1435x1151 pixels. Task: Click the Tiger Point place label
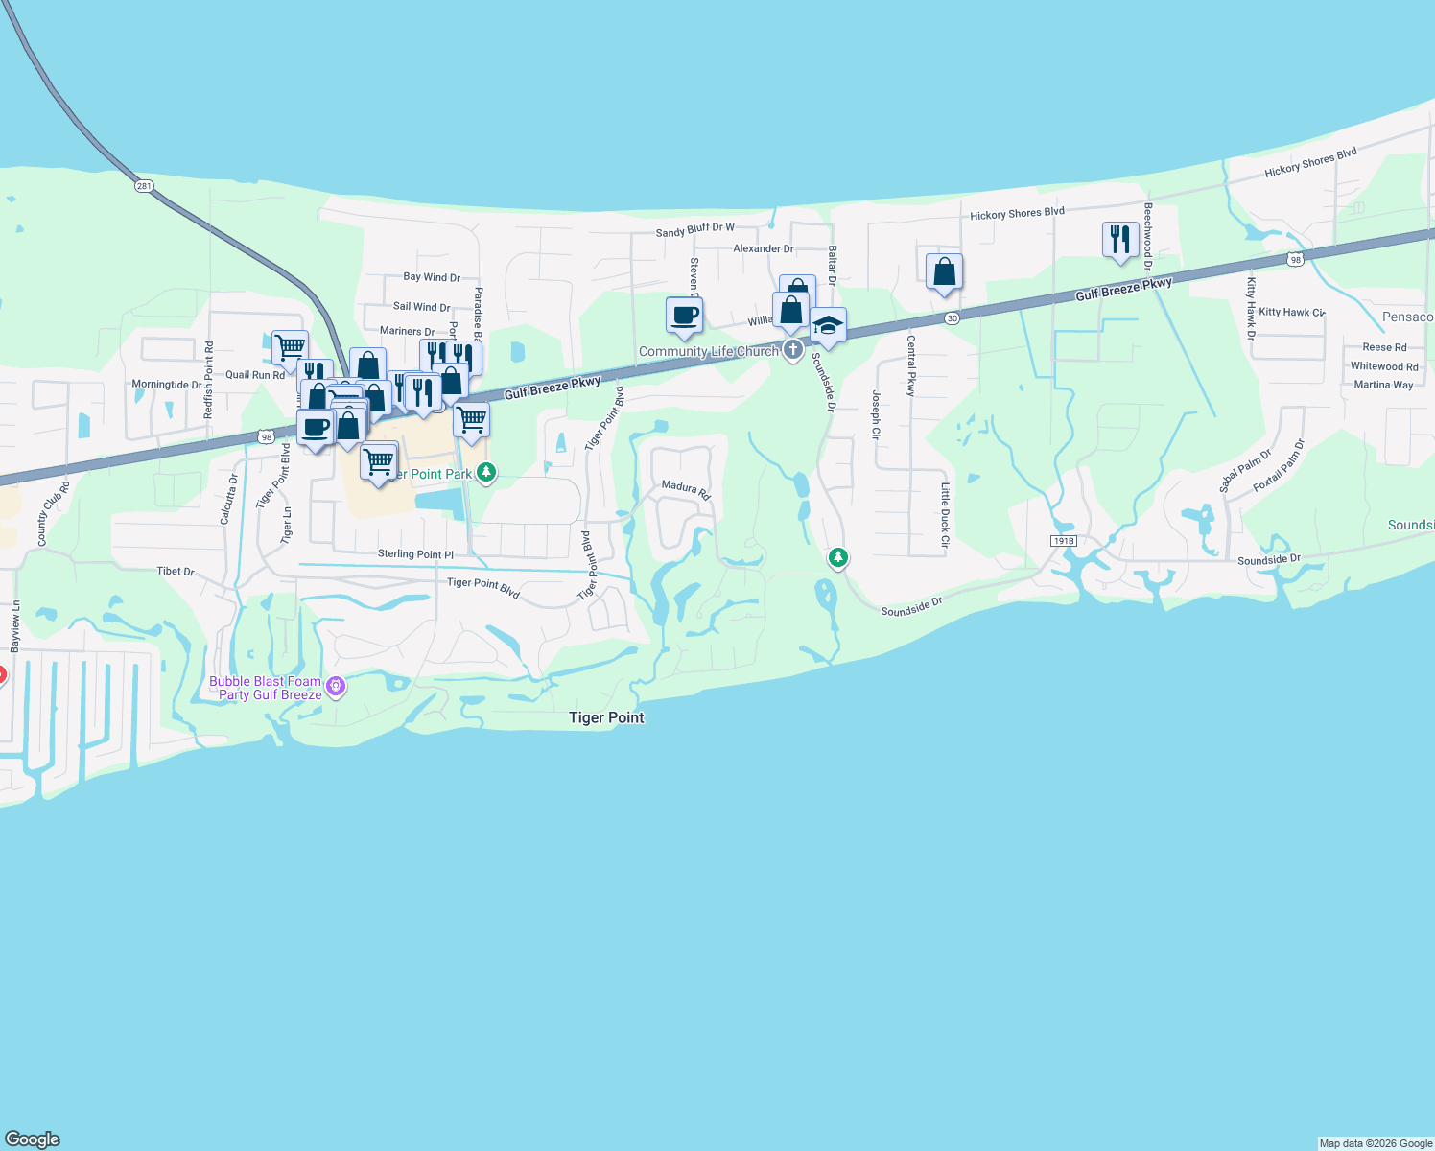606,717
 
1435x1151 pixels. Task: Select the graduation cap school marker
828,325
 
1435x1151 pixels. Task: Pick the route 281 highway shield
144,186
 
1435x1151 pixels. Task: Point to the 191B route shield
1063,541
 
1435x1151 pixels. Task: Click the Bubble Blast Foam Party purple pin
335,686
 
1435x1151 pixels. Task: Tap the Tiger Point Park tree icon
486,472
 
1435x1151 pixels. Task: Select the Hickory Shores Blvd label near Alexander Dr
1017,214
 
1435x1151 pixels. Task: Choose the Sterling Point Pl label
415,553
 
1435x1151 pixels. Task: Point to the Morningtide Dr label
167,385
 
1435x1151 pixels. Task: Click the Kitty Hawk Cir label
1291,312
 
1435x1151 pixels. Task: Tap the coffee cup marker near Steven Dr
685,315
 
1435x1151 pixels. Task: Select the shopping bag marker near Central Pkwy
944,271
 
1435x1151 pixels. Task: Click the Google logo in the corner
33,1139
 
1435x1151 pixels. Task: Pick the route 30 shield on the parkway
951,318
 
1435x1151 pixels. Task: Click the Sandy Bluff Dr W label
695,230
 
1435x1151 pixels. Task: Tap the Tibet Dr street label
176,571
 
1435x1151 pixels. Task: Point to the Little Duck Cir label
945,515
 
